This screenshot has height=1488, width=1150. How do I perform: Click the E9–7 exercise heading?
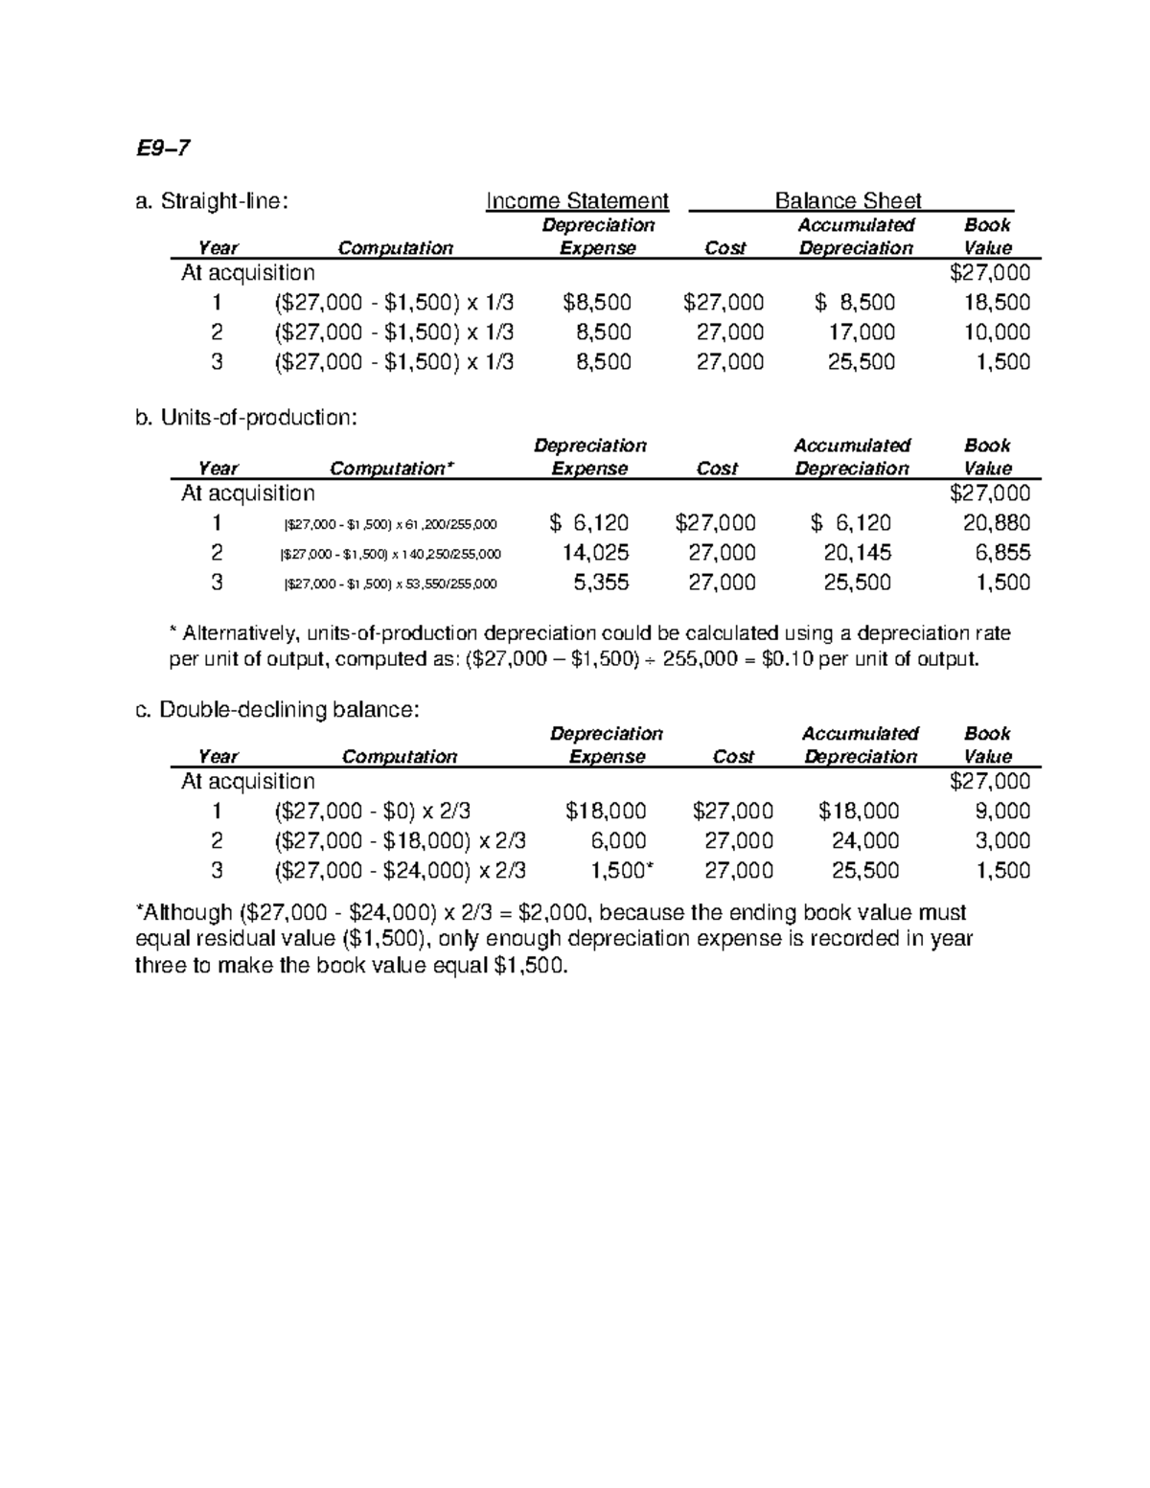coord(163,149)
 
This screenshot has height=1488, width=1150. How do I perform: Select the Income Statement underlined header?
coord(577,200)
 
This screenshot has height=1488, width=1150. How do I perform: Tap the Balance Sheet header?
coord(847,200)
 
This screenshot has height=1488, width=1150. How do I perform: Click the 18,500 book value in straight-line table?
coord(997,303)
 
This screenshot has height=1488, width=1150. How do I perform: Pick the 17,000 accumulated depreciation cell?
coord(862,332)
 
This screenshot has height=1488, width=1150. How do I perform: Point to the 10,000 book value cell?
coord(997,332)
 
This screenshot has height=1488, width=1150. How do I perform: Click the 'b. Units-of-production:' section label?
coord(246,418)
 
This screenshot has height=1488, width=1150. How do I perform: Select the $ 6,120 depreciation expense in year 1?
coord(589,523)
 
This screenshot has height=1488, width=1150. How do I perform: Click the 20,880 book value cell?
coord(997,523)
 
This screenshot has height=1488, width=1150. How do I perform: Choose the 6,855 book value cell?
coord(1002,553)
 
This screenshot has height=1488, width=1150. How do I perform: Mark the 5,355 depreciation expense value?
coord(601,583)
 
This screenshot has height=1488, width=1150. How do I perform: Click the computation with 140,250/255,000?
coord(390,554)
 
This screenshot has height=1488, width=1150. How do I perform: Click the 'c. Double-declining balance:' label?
coord(276,710)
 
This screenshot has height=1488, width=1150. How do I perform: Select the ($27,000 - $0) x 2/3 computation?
coord(372,812)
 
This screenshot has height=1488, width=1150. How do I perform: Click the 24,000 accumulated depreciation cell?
coord(865,841)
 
